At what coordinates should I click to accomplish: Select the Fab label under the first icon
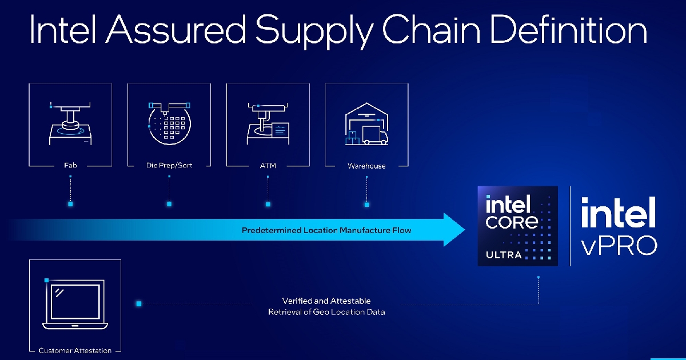coord(70,166)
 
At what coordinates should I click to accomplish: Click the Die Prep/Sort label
coord(169,166)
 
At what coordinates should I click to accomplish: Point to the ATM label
coord(268,166)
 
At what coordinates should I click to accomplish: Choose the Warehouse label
coord(366,166)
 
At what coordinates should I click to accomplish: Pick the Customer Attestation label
coord(75,350)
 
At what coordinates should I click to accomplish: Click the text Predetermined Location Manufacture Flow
coord(326,230)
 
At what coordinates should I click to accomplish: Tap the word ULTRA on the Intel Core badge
coord(504,254)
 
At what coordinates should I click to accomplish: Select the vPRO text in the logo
coord(619,244)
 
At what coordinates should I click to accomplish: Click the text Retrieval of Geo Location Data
coord(326,312)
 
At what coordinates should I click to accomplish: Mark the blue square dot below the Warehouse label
coord(366,204)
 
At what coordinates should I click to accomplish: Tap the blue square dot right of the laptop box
coord(138,303)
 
